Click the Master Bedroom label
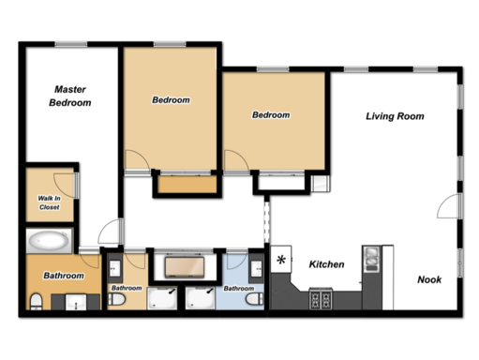(70, 96)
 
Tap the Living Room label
(395, 116)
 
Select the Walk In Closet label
(49, 202)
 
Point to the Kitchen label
(326, 264)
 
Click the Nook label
(429, 279)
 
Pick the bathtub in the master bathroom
(49, 241)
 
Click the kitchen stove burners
(321, 298)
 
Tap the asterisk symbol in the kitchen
(281, 260)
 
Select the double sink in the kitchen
(372, 259)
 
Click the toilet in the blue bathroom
(254, 299)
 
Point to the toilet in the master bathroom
(37, 301)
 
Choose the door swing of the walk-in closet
(64, 186)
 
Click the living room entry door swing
(449, 206)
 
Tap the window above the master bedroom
(71, 44)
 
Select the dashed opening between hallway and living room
(266, 221)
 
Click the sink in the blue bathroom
(257, 267)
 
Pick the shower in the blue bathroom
(200, 298)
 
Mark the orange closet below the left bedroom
(187, 185)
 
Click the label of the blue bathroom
(239, 288)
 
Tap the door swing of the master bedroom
(110, 232)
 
